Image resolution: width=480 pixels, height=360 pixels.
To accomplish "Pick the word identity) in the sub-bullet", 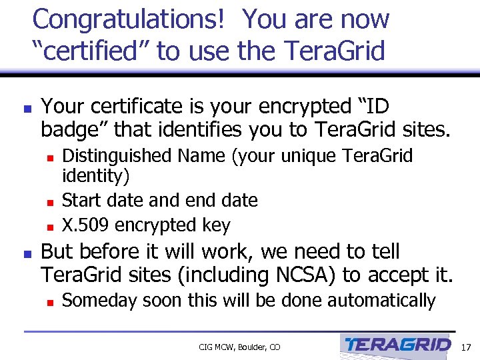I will [x=96, y=177].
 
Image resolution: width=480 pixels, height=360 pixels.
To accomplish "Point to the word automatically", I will [x=384, y=301].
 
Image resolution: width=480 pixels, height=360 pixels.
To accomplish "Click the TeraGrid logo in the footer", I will [x=398, y=345].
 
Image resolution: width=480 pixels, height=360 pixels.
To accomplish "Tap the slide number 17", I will [x=465, y=346].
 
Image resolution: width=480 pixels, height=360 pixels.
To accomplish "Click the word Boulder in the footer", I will [x=248, y=347].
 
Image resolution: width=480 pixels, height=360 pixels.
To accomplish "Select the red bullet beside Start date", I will [x=49, y=201].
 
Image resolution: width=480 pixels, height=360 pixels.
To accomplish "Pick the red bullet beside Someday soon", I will [x=49, y=302].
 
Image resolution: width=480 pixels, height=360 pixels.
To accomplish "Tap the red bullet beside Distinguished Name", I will [x=49, y=157].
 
